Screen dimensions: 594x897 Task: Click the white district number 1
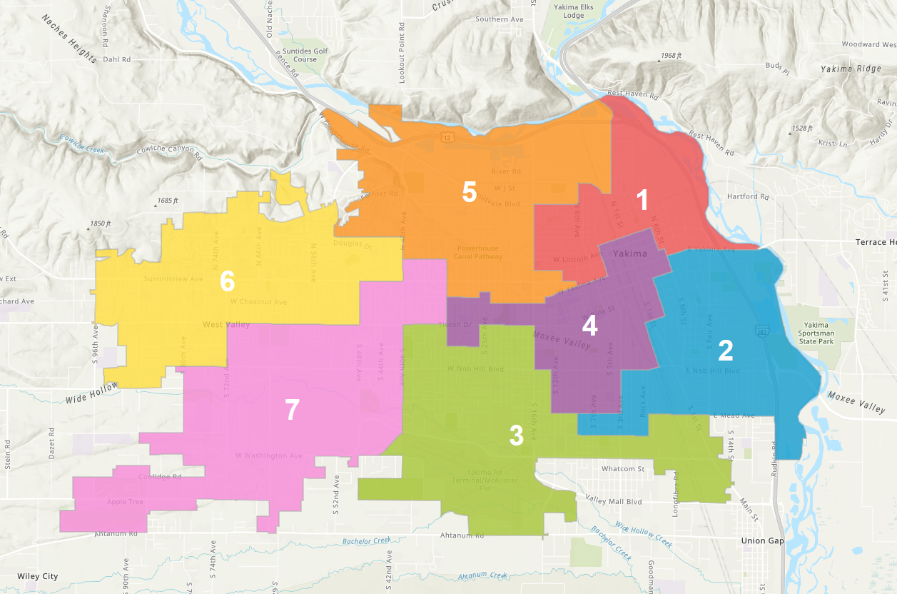pos(642,201)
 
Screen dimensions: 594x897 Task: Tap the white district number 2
pos(725,351)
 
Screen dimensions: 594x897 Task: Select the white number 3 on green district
pos(516,436)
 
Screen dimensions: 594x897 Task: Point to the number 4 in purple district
pos(589,326)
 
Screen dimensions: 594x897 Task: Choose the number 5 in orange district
pos(469,192)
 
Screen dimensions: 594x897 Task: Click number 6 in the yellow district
pos(227,282)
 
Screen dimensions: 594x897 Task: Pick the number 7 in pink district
pos(292,411)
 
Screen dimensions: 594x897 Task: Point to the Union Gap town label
pos(763,540)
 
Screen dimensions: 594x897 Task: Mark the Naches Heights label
pos(69,39)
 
